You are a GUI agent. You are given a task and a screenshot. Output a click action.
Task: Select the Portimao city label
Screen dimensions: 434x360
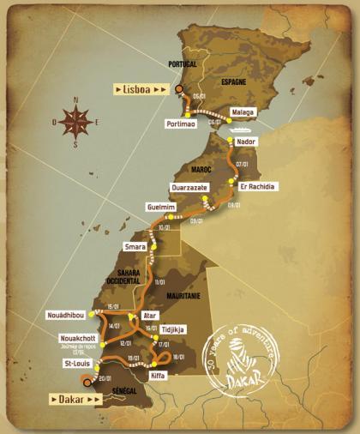pos(182,124)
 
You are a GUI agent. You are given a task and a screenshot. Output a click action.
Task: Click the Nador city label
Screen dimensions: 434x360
pos(245,141)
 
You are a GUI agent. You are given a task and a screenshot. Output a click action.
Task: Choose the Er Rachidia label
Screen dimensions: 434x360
pos(258,185)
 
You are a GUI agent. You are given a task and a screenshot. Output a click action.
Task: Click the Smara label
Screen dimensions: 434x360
pos(135,247)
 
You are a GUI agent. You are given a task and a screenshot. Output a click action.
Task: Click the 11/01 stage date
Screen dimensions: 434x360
pos(159,282)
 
